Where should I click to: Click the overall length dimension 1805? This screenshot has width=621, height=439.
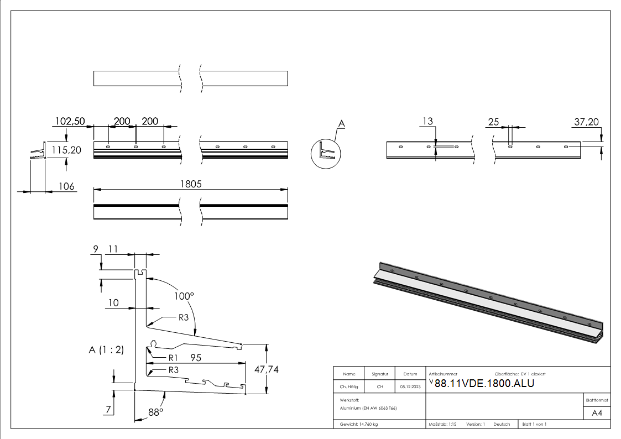pos(190,185)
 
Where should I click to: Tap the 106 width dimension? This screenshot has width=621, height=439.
pos(67,186)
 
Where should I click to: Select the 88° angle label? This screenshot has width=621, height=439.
pos(156,412)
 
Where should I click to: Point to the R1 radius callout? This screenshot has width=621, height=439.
pos(174,357)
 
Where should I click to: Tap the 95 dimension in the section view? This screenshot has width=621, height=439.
pos(196,358)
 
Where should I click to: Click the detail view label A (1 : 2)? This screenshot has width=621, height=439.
pos(106,349)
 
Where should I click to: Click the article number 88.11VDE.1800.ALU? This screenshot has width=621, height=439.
pos(484,384)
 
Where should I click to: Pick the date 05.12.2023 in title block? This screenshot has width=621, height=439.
pos(410,387)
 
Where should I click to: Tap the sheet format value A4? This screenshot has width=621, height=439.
pos(597,413)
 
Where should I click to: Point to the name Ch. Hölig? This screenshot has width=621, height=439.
pos(349,387)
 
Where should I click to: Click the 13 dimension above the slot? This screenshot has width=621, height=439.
pos(427,122)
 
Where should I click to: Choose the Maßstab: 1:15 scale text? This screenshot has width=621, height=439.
pos(442,424)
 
